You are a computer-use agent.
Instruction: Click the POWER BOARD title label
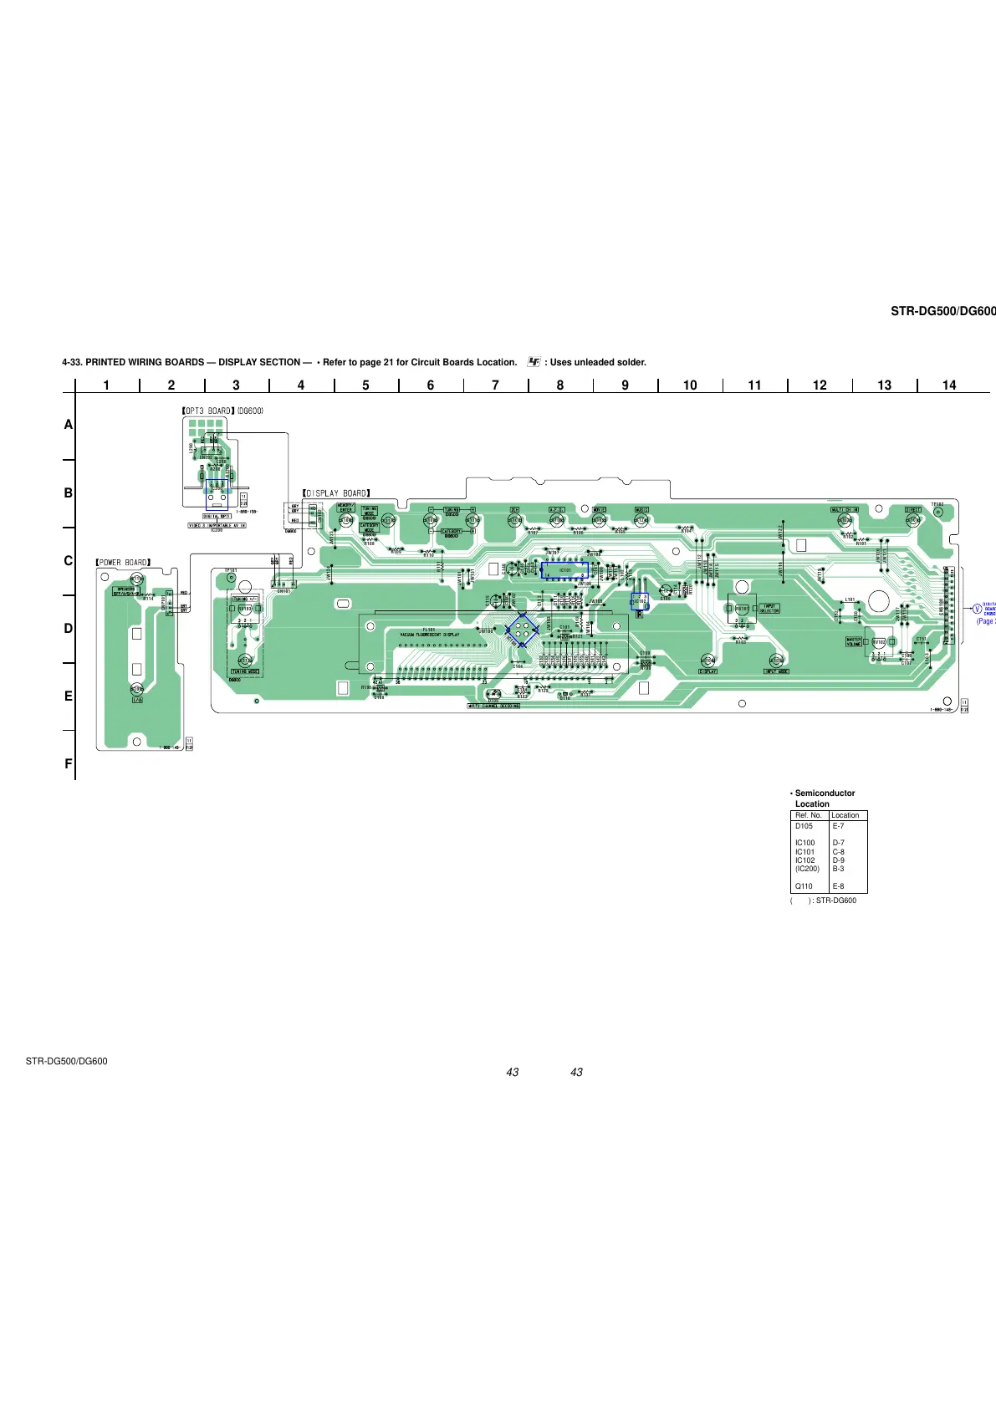[123, 563]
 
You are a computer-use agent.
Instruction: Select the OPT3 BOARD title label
[209, 411]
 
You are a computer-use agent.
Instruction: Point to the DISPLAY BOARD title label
[336, 493]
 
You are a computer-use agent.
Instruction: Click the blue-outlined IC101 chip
[565, 571]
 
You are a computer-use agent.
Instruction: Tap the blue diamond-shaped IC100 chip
[522, 630]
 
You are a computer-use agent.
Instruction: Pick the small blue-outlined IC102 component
[640, 601]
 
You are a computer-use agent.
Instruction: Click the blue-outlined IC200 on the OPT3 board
[217, 494]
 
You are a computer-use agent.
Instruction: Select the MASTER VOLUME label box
[854, 641]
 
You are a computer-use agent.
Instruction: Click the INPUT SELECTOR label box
[769, 609]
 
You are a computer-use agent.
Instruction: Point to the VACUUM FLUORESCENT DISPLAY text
[429, 635]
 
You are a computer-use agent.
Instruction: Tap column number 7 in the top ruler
[495, 385]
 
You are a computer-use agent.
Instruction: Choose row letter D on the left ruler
[69, 629]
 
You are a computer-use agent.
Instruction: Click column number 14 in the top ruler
[949, 385]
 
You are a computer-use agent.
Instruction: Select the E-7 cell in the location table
[839, 826]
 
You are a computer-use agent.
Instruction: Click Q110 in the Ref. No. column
[804, 886]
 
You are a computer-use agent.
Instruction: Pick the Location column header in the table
[845, 815]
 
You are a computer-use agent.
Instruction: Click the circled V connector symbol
[976, 608]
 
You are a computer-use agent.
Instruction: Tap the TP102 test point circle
[937, 513]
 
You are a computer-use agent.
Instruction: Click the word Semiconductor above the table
[825, 793]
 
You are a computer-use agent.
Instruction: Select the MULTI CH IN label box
[844, 509]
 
